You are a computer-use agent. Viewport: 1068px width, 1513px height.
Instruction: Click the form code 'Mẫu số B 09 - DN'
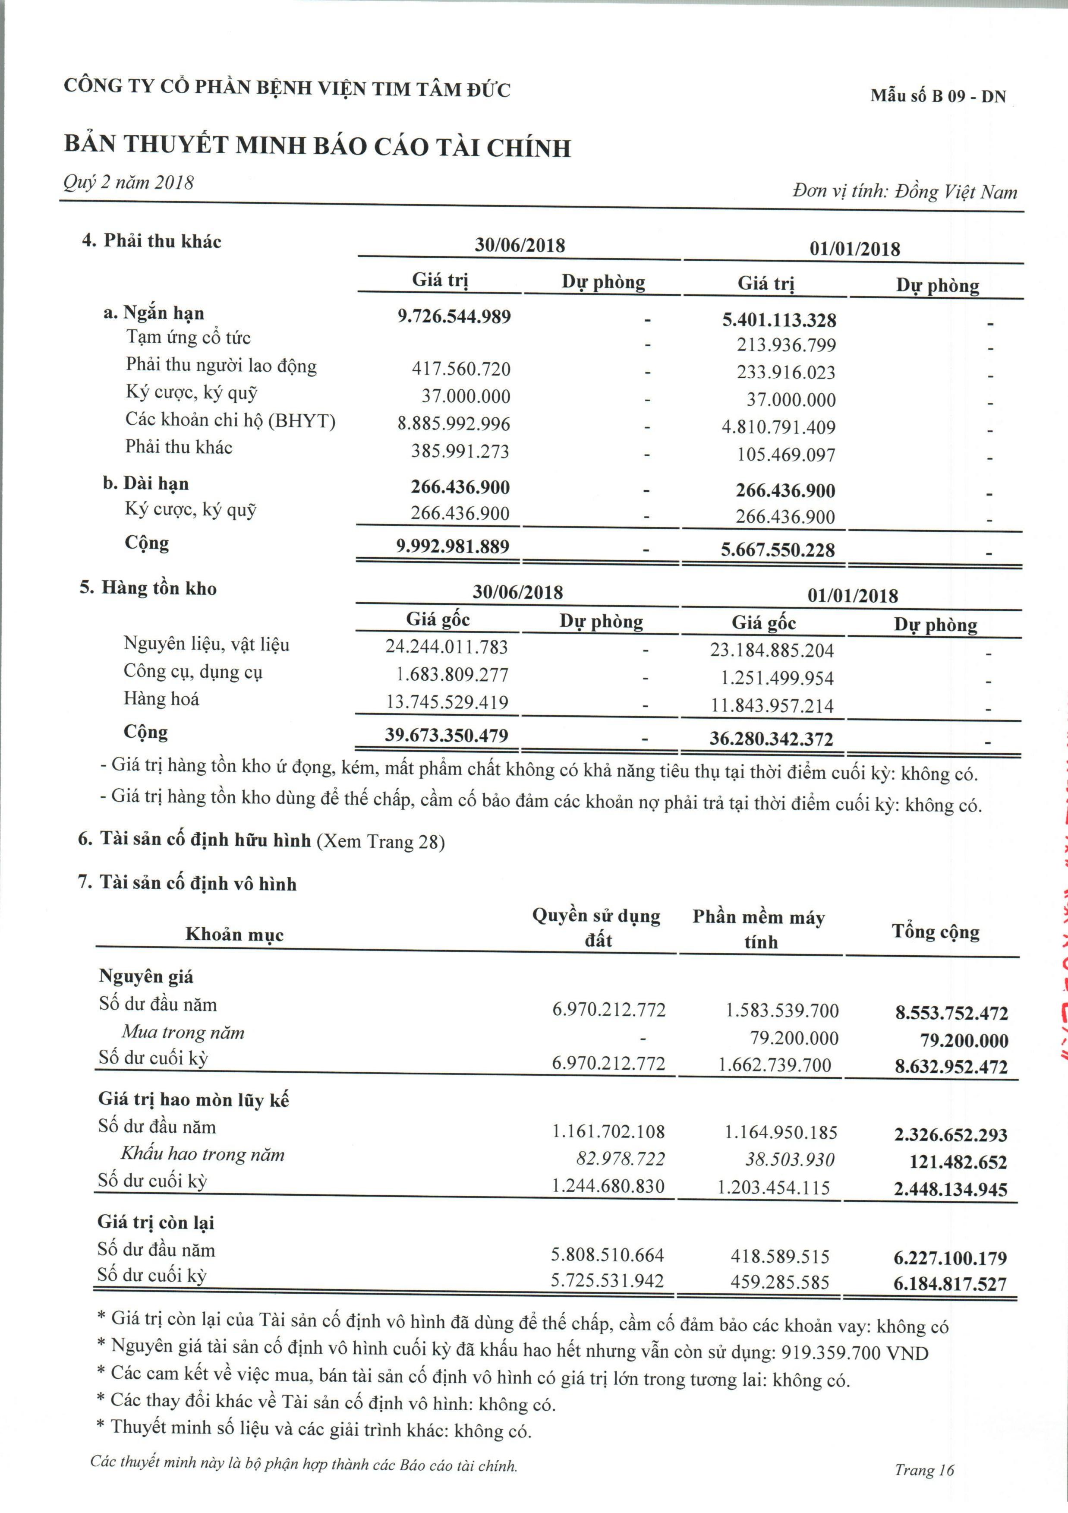(938, 96)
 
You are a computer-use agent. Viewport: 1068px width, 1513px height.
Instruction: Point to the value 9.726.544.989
(454, 316)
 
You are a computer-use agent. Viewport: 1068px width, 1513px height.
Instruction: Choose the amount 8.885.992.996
(454, 424)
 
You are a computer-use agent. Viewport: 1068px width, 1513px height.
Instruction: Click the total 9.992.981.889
(453, 546)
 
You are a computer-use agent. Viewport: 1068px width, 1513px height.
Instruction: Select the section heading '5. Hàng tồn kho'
(148, 588)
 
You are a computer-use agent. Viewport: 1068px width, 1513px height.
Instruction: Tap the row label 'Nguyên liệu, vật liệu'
(206, 644)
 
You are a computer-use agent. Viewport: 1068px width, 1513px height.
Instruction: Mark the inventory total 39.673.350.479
(447, 736)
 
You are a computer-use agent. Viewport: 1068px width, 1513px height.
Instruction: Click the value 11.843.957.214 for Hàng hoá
(772, 706)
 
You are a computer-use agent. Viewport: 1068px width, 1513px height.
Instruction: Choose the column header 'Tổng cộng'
(936, 932)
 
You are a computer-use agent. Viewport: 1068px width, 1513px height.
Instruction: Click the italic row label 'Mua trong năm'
(183, 1033)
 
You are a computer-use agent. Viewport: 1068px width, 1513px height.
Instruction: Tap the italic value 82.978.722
(620, 1159)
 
